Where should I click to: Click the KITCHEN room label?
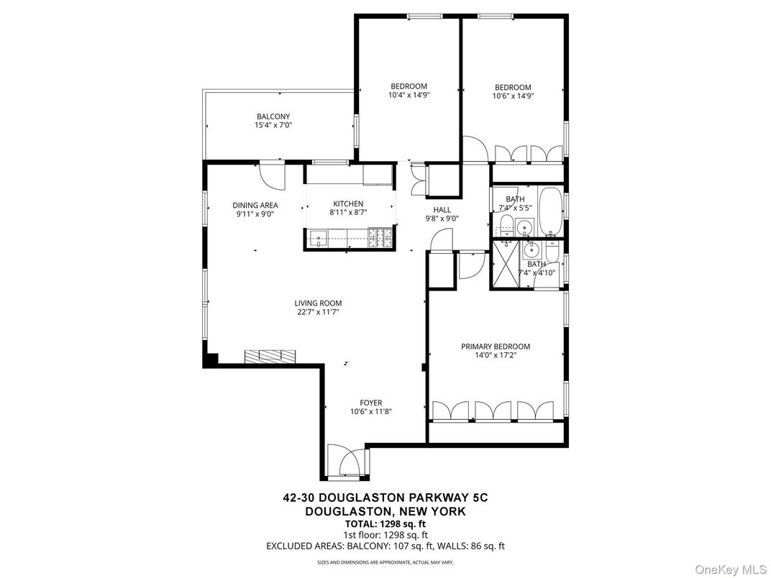tap(347, 203)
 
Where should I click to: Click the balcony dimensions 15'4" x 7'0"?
tap(273, 125)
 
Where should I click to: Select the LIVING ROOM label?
tap(318, 303)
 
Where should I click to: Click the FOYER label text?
tap(371, 403)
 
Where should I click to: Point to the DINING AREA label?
tap(255, 205)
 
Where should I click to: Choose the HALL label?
tap(442, 209)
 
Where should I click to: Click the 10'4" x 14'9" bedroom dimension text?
tap(409, 95)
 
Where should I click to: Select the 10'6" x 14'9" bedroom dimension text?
tap(513, 96)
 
